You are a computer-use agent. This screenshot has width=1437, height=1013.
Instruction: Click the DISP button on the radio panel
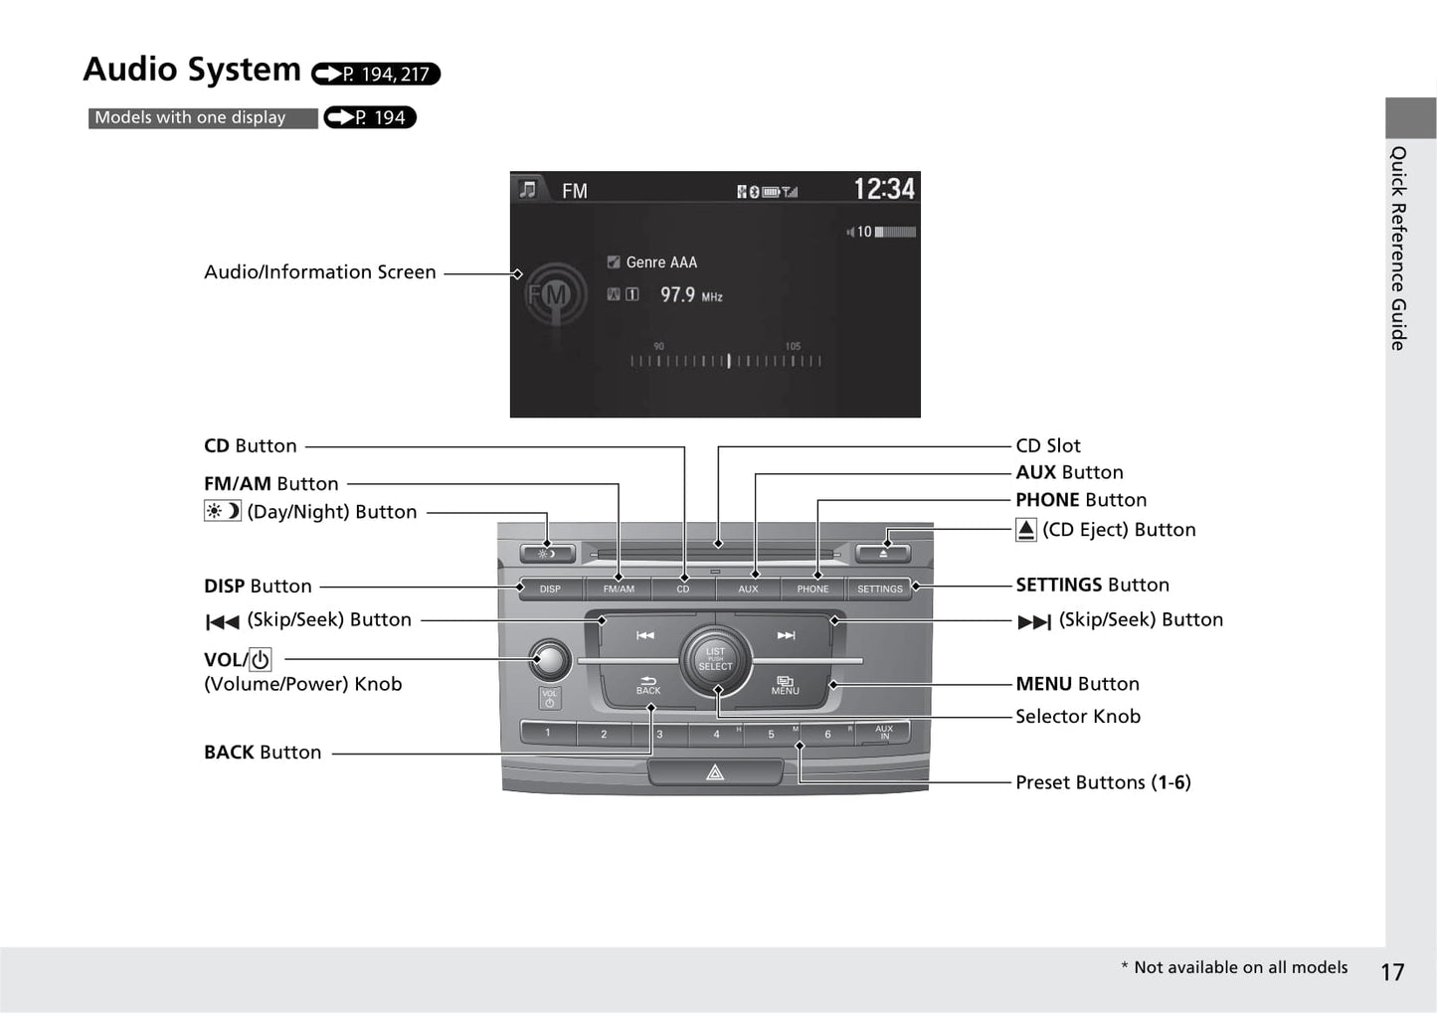pos(550,589)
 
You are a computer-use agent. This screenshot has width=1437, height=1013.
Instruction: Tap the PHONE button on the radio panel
pos(812,589)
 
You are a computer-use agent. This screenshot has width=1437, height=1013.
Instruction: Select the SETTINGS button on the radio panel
pos(880,589)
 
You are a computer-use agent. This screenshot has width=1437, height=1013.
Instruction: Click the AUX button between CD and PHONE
pos(748,589)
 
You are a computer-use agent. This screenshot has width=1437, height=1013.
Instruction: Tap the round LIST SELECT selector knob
pos(716,659)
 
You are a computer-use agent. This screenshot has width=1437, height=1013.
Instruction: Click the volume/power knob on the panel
pos(550,658)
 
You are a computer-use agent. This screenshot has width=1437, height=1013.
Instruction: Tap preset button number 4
pos(716,734)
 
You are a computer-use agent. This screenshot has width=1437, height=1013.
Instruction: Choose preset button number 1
pos(548,734)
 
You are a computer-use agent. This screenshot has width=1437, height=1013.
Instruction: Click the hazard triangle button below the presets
pos(715,772)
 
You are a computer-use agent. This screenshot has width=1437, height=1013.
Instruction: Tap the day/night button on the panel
pos(547,554)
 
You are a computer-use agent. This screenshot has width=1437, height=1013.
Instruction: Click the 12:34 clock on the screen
pos(884,189)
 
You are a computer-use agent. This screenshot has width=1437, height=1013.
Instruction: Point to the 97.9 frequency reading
pos(678,295)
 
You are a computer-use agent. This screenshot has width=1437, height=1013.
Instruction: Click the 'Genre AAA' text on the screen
pos(661,262)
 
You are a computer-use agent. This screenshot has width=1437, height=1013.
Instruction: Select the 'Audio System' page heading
pos(192,70)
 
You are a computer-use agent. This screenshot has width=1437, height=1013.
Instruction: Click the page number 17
pos(1392,971)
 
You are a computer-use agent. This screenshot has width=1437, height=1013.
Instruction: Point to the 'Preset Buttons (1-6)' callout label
pos(1103,782)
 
